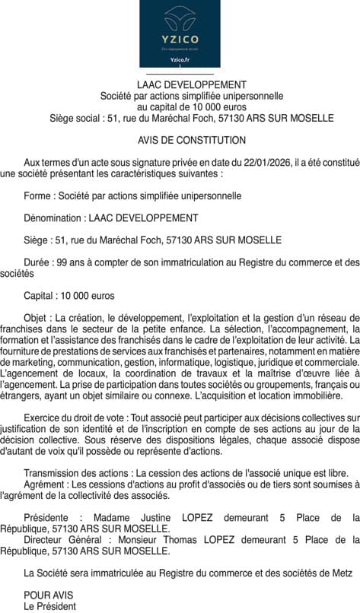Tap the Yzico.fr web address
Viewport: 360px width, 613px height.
180,59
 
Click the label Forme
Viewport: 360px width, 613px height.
38,195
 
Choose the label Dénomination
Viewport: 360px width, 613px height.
54,218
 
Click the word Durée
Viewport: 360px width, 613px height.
38,262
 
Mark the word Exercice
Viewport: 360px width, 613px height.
43,418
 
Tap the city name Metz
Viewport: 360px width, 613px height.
342,572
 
